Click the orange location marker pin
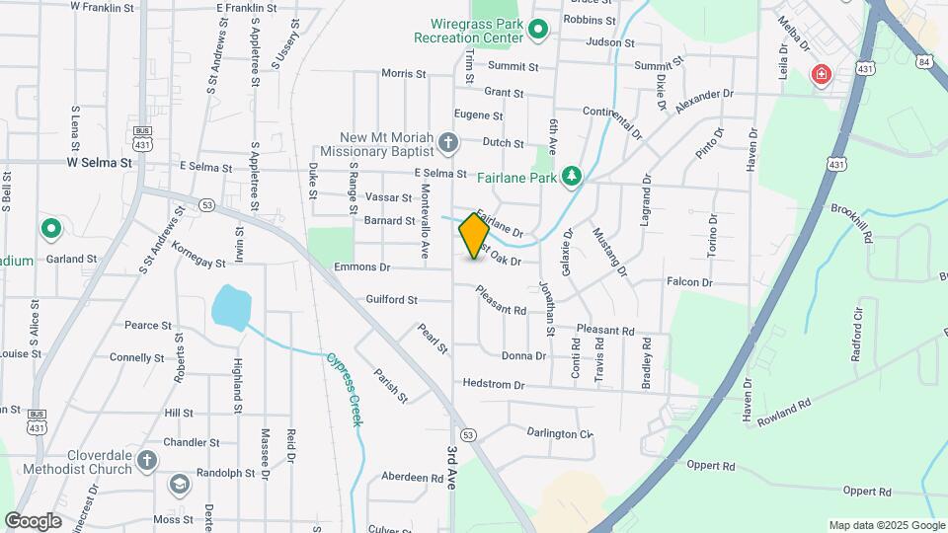(x=475, y=235)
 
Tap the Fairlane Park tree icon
(x=571, y=177)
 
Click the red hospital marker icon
(x=820, y=74)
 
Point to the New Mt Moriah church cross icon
(x=448, y=144)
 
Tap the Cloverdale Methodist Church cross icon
(x=147, y=460)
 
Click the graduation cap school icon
(x=179, y=484)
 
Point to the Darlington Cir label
(x=559, y=433)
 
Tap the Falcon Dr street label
(x=689, y=282)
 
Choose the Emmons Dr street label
(x=363, y=267)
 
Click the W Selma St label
(x=99, y=162)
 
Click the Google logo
(x=34, y=520)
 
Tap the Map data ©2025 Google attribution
(x=886, y=525)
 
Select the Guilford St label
(x=392, y=299)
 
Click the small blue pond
(x=230, y=306)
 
